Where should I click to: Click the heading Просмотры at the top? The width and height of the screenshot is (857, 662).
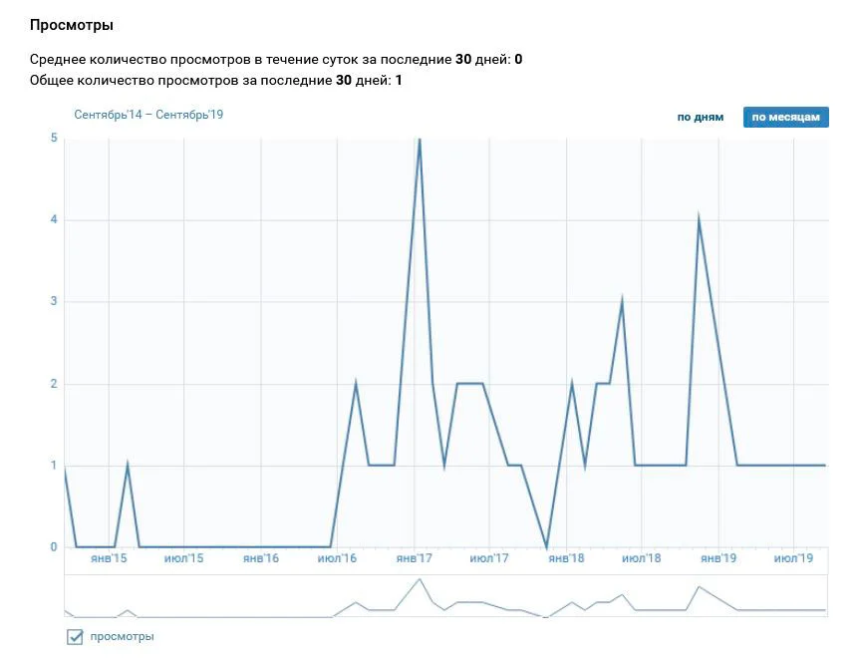coord(71,23)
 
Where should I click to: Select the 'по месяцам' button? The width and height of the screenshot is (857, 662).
coord(785,117)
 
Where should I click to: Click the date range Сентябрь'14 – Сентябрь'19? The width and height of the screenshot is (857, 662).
coord(148,115)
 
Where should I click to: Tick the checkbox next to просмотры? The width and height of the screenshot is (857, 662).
coord(75,637)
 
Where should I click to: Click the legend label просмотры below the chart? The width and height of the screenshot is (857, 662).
coord(122,636)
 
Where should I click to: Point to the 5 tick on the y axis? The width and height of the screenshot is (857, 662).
coord(53,138)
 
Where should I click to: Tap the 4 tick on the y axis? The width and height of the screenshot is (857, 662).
coord(53,219)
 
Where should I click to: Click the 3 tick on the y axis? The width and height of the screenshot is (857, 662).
coord(53,302)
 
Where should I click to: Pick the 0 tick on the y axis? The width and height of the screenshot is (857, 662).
coord(53,547)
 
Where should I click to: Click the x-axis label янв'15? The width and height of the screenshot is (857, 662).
coord(108,558)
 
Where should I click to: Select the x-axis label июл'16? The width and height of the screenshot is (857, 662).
coord(337,558)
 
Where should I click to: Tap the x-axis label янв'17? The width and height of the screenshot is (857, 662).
coord(414,558)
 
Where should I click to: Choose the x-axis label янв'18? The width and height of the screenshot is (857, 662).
coord(566,558)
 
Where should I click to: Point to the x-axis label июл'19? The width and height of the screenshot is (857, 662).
coord(793,558)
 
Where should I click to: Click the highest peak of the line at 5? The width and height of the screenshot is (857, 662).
coord(420,140)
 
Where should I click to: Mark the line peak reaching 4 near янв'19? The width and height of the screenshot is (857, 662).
coord(700,219)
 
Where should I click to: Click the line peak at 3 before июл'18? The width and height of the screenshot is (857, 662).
coord(623,301)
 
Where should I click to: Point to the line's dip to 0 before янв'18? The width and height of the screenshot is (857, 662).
coord(546,546)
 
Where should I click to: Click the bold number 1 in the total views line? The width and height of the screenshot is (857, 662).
coord(399,80)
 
